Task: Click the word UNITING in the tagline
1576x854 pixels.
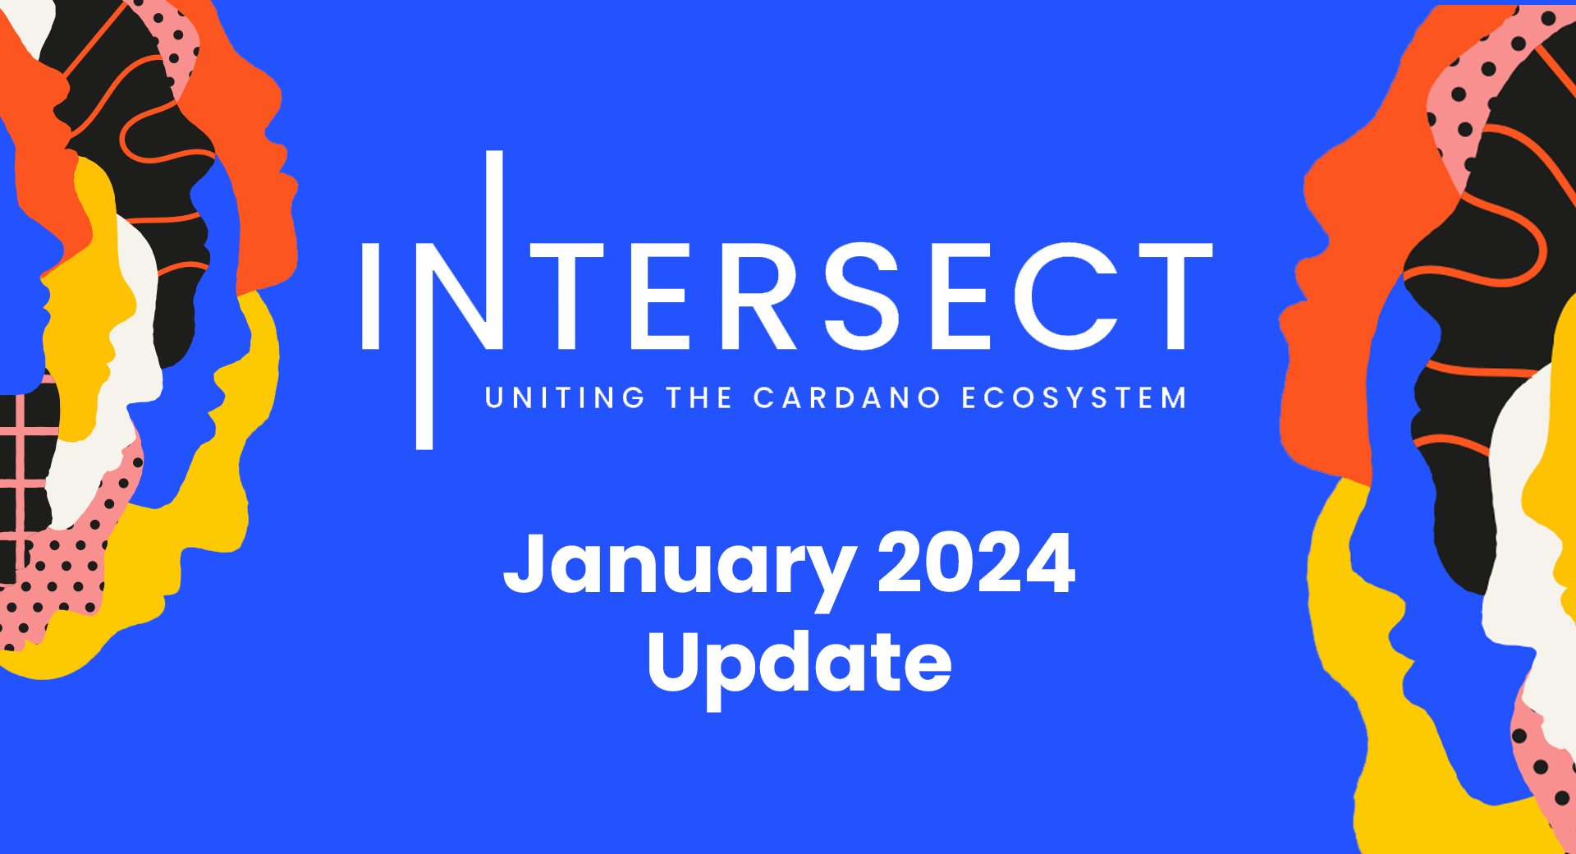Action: click(x=565, y=398)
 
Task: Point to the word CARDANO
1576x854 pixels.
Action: click(x=846, y=398)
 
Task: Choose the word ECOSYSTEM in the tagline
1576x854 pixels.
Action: click(x=1074, y=398)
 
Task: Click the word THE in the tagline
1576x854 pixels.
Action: click(x=699, y=398)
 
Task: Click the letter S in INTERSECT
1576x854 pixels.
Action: click(x=862, y=296)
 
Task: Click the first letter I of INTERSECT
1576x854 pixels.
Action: click(x=370, y=296)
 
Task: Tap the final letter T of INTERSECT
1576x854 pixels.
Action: click(x=1175, y=296)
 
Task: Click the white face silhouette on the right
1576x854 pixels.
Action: click(x=1527, y=534)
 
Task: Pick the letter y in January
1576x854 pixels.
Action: click(x=827, y=576)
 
